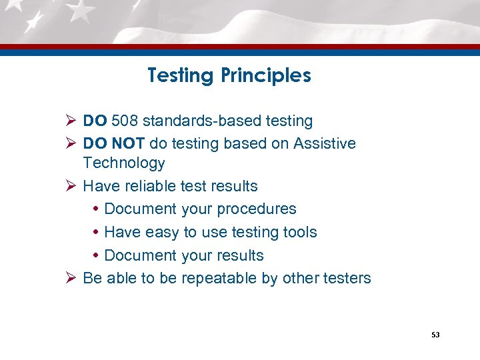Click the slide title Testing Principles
[x=229, y=76]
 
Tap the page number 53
[x=435, y=335]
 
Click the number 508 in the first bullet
[x=125, y=121]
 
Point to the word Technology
[x=124, y=163]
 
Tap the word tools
[x=299, y=232]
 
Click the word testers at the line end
[x=346, y=278]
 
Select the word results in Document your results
[x=241, y=255]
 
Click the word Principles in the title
[x=266, y=76]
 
